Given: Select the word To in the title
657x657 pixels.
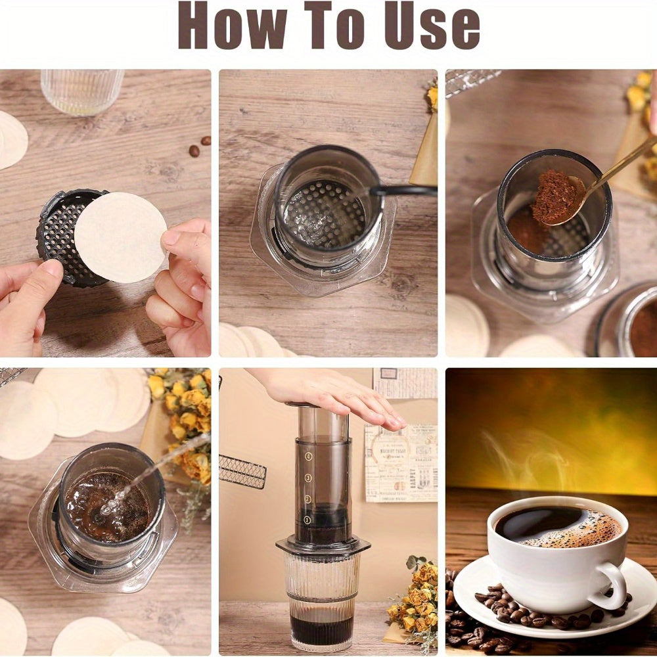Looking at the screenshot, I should coord(332,26).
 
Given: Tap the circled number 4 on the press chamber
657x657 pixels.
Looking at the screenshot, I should coord(308,456).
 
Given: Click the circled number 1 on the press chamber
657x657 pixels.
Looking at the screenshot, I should coord(307,520).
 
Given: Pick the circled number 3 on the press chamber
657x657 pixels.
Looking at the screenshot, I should coord(307,478).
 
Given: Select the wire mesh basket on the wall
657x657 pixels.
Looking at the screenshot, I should coord(242,471).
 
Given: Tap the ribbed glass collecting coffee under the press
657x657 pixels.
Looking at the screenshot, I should coord(321,601).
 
